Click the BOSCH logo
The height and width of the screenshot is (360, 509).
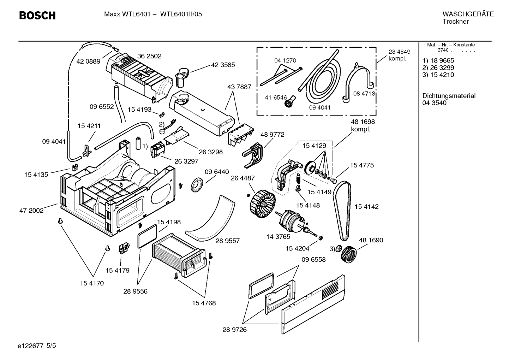click(x=37, y=16)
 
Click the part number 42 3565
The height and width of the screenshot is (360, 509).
click(x=223, y=65)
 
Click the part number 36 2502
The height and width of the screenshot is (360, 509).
click(x=149, y=56)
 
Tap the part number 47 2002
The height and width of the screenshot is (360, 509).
click(x=31, y=211)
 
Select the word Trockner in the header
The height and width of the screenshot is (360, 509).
click(x=455, y=22)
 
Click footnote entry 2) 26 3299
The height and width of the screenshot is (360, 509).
click(x=438, y=67)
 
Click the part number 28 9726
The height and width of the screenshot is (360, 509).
click(x=234, y=330)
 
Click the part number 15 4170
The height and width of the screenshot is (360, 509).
click(x=92, y=283)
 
